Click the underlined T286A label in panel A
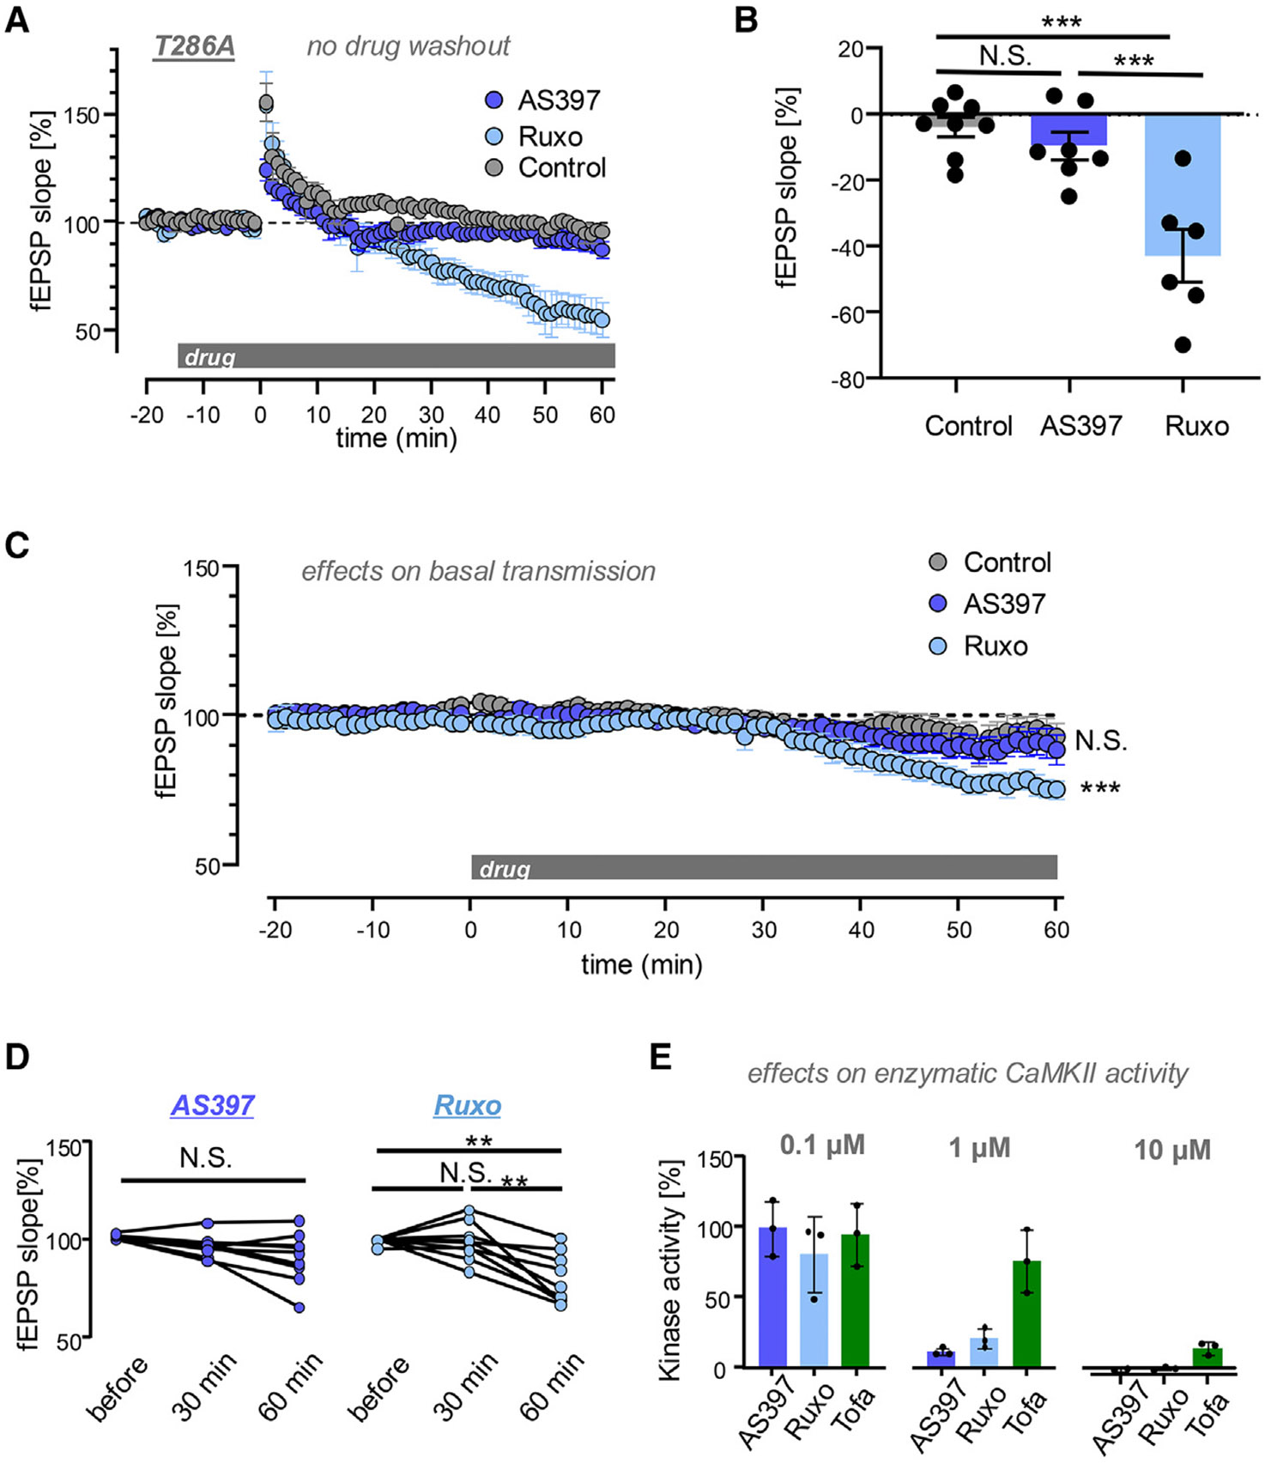(x=193, y=46)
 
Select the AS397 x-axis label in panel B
(x=1080, y=426)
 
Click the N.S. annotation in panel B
(x=1005, y=56)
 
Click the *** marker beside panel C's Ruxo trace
(x=1100, y=788)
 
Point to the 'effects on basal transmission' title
(x=478, y=571)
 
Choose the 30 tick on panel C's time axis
(x=764, y=930)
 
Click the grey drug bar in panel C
(x=764, y=867)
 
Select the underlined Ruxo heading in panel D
(x=467, y=1105)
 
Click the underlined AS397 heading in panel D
(x=212, y=1105)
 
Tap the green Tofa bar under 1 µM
(x=1026, y=1314)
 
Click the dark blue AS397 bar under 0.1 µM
(x=772, y=1297)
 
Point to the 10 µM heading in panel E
(x=1171, y=1150)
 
